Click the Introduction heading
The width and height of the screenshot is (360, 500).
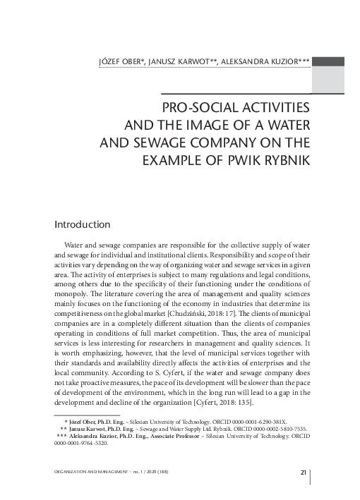[x=82, y=224]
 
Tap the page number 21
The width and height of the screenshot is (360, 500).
[x=304, y=472]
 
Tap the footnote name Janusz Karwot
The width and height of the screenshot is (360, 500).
[x=92, y=428]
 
